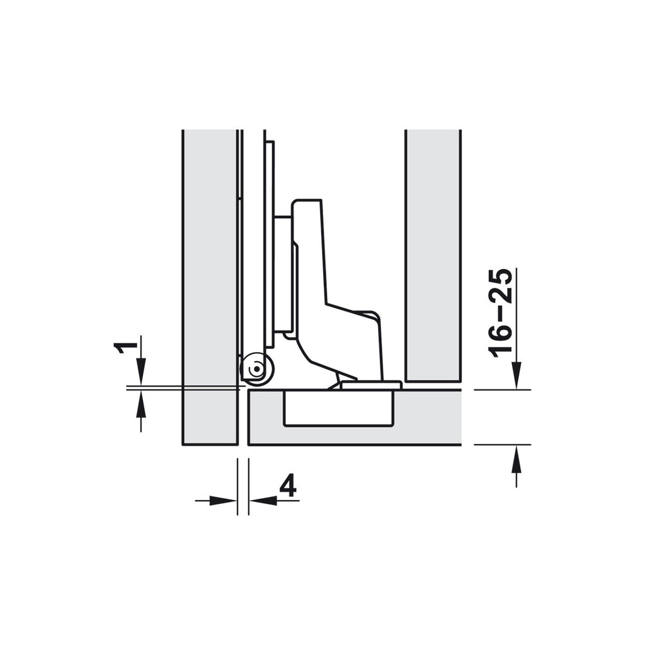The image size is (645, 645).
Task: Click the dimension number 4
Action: (287, 487)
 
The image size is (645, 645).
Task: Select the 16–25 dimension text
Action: (503, 313)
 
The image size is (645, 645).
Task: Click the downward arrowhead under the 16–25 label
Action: (517, 376)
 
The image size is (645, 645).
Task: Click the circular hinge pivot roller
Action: (256, 369)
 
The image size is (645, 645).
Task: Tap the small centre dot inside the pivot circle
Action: (255, 372)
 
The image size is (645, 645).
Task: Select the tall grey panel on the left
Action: (209, 283)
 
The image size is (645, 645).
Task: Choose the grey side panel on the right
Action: (433, 252)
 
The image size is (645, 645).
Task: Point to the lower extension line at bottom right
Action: (502, 445)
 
